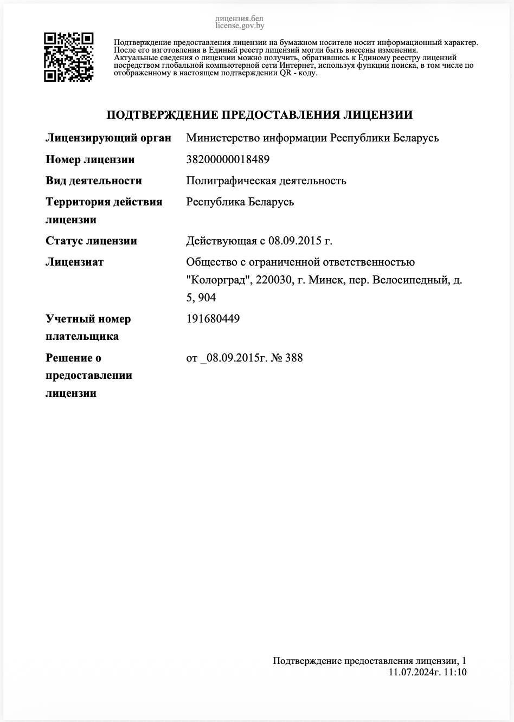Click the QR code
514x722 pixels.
(x=68, y=57)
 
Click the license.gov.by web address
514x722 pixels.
(x=240, y=25)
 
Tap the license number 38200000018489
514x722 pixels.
(x=228, y=159)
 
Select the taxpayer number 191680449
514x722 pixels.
(x=213, y=319)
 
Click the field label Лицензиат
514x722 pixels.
(x=74, y=262)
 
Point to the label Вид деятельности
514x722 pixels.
(x=94, y=181)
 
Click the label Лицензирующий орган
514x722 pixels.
(x=108, y=138)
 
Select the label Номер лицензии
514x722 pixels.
(x=90, y=159)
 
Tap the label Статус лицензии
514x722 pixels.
(x=91, y=241)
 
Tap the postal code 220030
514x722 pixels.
(x=273, y=280)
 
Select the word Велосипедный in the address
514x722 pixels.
(x=408, y=280)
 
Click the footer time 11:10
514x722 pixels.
(x=455, y=672)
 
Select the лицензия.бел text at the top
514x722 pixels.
(x=239, y=18)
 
